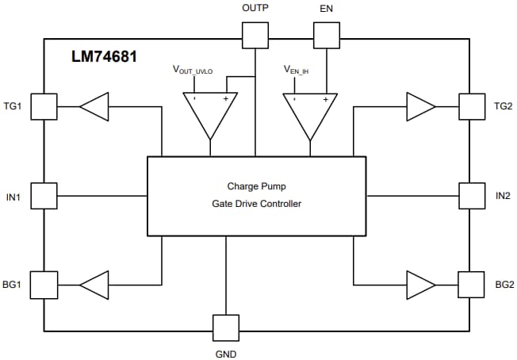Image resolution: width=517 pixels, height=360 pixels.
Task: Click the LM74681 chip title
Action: tap(103, 57)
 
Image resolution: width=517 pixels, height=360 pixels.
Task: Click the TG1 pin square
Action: tap(44, 106)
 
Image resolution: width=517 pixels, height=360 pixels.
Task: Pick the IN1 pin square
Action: tap(44, 195)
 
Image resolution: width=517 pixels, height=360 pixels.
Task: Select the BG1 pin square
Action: tap(44, 283)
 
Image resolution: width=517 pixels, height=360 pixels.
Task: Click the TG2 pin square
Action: tap(472, 106)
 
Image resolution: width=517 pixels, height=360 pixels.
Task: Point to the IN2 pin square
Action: tap(472, 195)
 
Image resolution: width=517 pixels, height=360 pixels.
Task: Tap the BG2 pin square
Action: tap(472, 283)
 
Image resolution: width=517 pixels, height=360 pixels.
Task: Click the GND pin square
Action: tap(226, 327)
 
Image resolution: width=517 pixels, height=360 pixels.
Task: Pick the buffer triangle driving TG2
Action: tap(420, 106)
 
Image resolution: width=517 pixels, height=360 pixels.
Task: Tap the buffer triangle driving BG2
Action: tap(420, 283)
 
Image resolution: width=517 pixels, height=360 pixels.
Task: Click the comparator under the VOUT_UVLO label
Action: tap(210, 113)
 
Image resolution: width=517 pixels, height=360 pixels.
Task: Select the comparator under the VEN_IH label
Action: tap(310, 113)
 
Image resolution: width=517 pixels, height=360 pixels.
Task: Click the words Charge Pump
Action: tap(256, 187)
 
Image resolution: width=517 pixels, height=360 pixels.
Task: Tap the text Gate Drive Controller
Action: tap(256, 204)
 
